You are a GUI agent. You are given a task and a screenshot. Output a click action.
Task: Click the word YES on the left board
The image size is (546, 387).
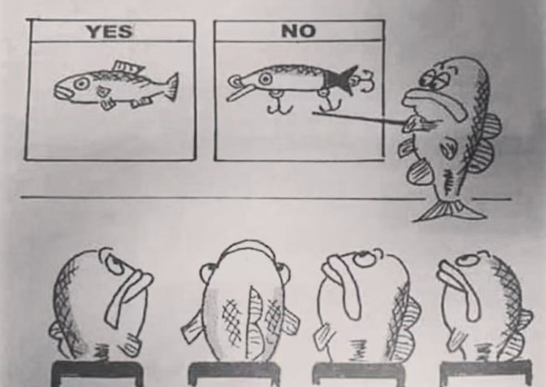(110, 31)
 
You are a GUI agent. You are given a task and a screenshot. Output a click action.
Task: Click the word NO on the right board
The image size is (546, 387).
(299, 30)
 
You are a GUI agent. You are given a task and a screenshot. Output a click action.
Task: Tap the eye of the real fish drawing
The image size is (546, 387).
(82, 83)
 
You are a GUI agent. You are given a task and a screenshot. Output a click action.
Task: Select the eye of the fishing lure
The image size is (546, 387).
(266, 79)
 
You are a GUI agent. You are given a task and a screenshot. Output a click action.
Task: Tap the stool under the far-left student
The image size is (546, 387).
(97, 374)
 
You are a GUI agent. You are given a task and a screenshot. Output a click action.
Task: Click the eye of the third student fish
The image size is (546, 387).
(364, 259)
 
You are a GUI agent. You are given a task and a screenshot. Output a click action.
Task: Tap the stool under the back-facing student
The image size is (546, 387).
(234, 374)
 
